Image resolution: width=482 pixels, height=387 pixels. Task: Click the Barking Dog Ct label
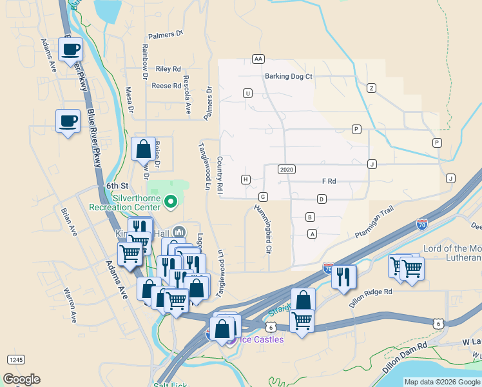pos(288,76)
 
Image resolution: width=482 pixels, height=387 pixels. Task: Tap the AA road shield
pos(258,59)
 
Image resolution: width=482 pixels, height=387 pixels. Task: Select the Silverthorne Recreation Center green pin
pos(171,203)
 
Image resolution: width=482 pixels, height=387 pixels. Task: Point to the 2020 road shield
pos(287,169)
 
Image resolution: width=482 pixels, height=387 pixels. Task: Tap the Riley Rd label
pos(168,69)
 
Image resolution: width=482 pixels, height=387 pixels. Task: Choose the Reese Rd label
pos(166,86)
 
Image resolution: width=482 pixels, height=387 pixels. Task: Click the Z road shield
pos(371,88)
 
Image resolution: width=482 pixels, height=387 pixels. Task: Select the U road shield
pos(247,94)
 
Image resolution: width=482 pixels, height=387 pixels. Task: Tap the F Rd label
pos(329,182)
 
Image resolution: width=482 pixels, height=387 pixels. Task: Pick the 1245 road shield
pos(16,359)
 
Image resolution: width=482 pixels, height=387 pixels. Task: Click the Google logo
pos(21,379)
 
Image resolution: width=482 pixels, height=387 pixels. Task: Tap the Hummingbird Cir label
pos(262,228)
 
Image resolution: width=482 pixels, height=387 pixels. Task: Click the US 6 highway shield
pos(438,323)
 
